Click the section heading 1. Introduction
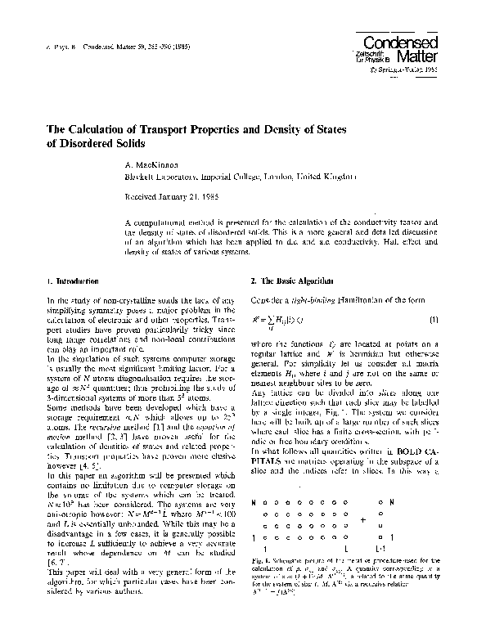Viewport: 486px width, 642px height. pyautogui.click(x=74, y=280)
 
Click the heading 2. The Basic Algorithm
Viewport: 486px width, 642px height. pyautogui.click(x=292, y=280)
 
